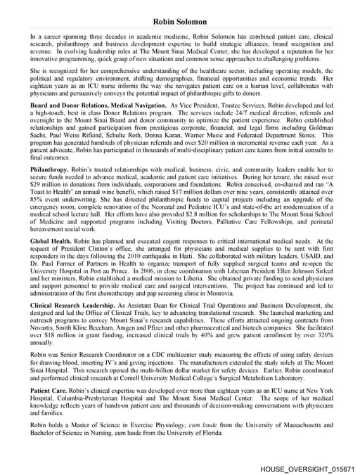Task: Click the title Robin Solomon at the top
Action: coord(180,22)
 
